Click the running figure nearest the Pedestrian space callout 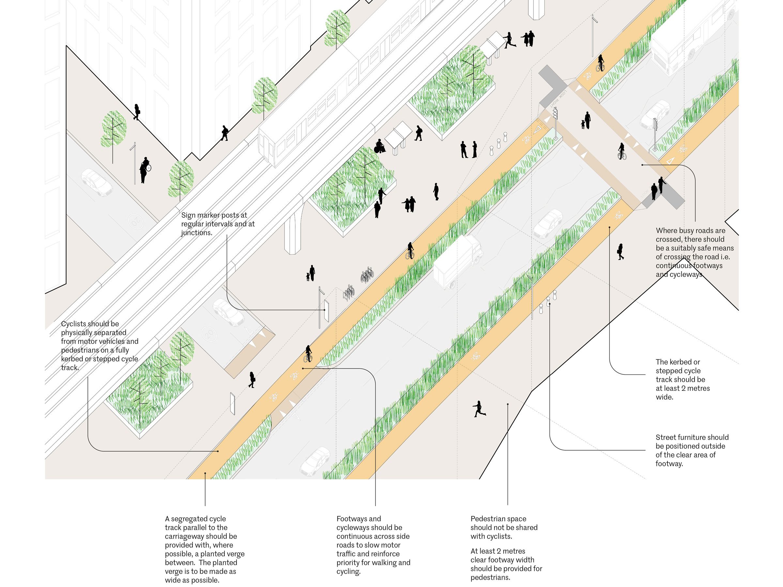(479, 409)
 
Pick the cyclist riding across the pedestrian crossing (622, 151)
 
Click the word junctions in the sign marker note (196, 233)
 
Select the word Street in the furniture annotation (666, 438)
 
